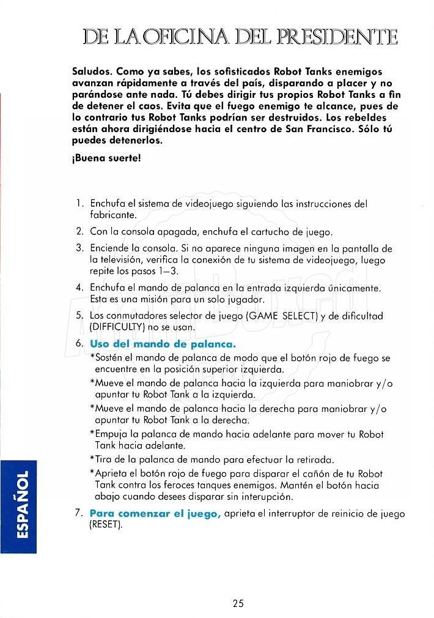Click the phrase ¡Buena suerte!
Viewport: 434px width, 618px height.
106,157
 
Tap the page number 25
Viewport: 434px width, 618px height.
238,603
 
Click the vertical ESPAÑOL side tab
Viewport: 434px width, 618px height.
18,505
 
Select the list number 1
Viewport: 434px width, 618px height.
79,203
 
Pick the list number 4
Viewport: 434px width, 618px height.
79,287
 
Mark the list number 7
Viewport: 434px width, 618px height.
79,513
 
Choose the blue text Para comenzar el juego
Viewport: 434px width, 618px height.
155,513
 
